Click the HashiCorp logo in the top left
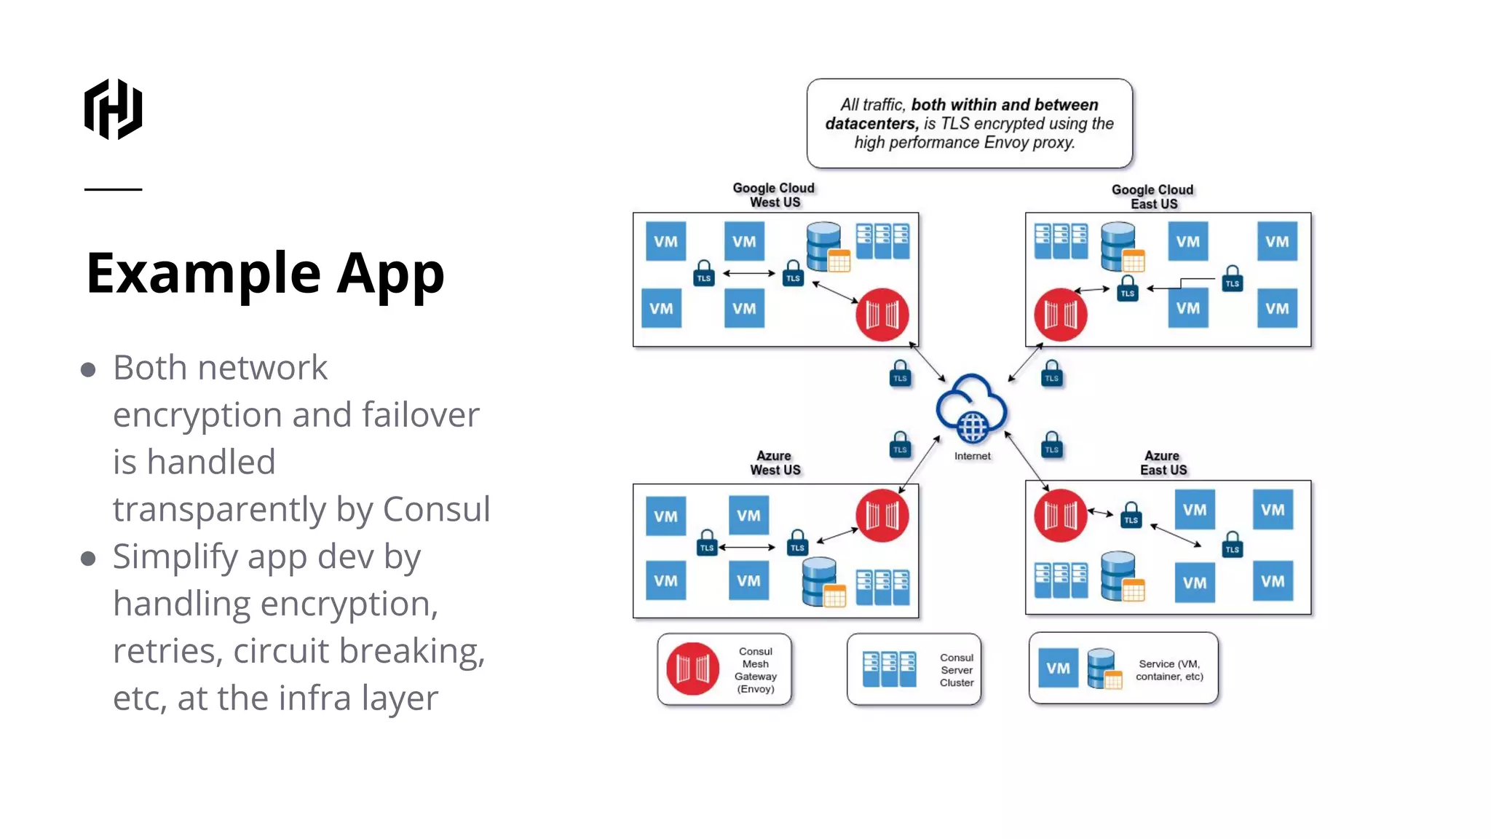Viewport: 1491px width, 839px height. click(x=113, y=109)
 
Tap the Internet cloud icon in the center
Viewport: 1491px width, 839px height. click(x=972, y=409)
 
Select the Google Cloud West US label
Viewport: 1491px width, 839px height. click(x=774, y=195)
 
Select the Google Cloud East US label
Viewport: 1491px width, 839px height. click(x=1152, y=197)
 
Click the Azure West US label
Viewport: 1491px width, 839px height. click(x=775, y=463)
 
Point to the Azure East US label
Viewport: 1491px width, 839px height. click(x=1163, y=463)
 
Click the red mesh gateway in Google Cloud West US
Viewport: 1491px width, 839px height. click(x=882, y=315)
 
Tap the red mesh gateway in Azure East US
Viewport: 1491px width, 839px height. click(x=1060, y=516)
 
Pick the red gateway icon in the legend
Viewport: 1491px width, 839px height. click(x=692, y=669)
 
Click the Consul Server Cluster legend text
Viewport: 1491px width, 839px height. click(x=956, y=670)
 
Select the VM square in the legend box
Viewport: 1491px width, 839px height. click(x=1058, y=668)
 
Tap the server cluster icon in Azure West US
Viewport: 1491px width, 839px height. click(x=882, y=587)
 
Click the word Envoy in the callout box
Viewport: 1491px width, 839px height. click(x=1006, y=143)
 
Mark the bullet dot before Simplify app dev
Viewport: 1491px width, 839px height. click(x=88, y=559)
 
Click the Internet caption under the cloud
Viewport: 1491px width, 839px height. click(x=972, y=457)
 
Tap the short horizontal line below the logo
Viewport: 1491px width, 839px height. click(x=113, y=189)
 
